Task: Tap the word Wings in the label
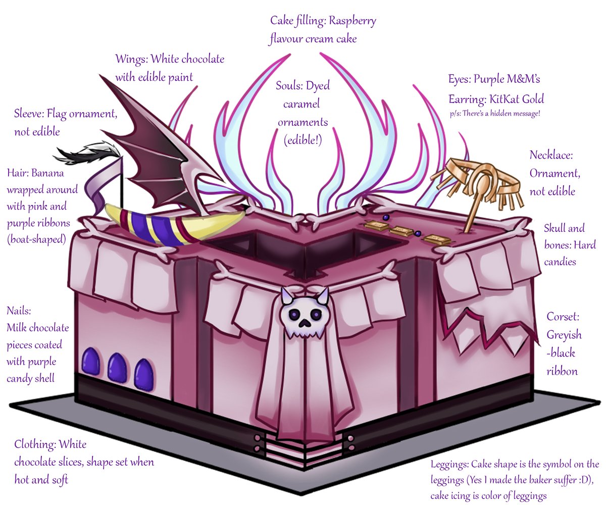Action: click(x=130, y=59)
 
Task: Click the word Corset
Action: click(x=563, y=317)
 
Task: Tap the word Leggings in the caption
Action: click(x=450, y=464)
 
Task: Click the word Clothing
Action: click(x=35, y=444)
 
